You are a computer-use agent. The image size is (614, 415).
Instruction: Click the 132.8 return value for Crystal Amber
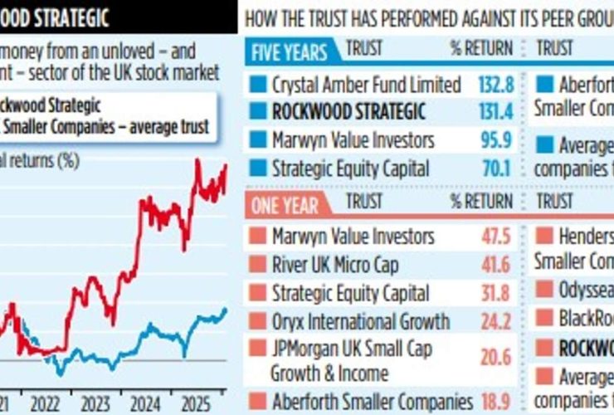[x=497, y=85]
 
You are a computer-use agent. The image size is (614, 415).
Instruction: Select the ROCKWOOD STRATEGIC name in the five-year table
[x=348, y=111]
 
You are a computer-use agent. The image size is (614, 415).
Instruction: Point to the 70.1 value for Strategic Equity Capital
[x=497, y=168]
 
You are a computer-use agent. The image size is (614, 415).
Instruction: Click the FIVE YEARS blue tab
[x=290, y=52]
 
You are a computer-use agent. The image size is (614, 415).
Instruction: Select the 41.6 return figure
[x=496, y=265]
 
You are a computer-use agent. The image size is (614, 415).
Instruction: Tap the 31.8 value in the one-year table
[x=496, y=294]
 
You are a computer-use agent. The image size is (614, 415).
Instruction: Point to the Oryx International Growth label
[x=360, y=322]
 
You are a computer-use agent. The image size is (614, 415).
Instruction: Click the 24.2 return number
[x=496, y=322]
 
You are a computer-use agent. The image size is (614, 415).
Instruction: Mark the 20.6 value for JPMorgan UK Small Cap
[x=496, y=358]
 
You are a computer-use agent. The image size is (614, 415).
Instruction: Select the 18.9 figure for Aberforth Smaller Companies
[x=496, y=401]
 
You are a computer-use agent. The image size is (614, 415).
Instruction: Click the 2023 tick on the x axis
[x=95, y=404]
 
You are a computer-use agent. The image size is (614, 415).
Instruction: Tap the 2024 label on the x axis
[x=146, y=404]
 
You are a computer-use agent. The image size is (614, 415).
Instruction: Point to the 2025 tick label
[x=197, y=404]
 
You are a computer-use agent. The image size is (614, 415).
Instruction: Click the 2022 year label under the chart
[x=45, y=404]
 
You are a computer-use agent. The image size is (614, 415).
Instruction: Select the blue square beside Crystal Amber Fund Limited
[x=258, y=85]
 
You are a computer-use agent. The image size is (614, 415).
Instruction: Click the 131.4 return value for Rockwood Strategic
[x=497, y=112]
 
